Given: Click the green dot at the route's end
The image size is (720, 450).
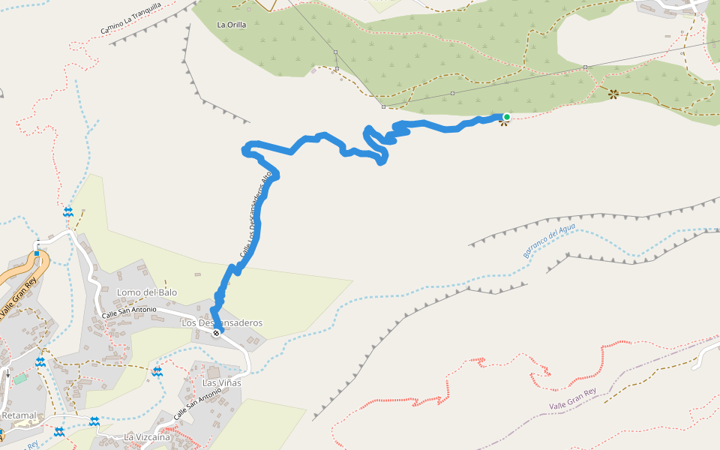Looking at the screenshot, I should (x=506, y=116).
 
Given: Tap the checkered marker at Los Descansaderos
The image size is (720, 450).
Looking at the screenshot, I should (x=216, y=334).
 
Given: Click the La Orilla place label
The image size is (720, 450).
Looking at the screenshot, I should (x=231, y=25).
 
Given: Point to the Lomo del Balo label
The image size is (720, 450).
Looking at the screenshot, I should (x=147, y=292).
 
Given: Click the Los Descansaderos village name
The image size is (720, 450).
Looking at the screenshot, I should (x=223, y=322).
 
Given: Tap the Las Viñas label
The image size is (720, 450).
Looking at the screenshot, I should (x=221, y=383).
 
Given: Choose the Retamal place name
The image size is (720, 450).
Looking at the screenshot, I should (x=19, y=415).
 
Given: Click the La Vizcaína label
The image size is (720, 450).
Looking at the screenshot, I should (x=147, y=436).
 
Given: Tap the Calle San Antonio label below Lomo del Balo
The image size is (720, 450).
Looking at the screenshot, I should (x=129, y=310).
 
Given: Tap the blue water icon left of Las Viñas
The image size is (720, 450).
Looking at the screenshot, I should (x=157, y=371).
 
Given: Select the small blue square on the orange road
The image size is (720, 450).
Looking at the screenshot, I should (x=36, y=253).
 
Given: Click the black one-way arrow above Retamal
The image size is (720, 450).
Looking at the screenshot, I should (x=7, y=373).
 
